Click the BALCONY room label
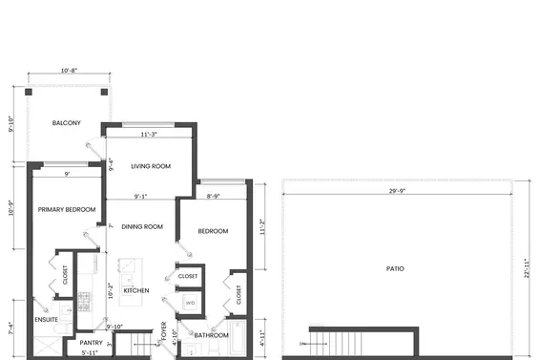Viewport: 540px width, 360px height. [66, 123]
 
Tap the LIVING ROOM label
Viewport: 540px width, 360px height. [151, 166]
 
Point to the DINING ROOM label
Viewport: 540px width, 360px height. [142, 226]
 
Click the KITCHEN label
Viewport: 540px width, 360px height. [136, 290]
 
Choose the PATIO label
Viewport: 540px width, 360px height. [394, 268]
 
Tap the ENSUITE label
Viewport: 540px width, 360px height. [46, 321]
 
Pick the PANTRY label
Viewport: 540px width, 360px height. [92, 342]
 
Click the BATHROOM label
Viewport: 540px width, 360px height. [210, 335]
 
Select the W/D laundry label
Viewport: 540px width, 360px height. [190, 304]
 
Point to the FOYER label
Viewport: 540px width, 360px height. [164, 331]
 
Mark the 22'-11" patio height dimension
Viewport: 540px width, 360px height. [526, 268]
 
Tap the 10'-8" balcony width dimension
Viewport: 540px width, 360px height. [69, 71]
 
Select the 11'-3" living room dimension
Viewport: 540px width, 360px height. [149, 135]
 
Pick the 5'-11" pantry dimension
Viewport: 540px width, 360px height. [91, 352]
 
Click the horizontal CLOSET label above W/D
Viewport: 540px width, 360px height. [188, 276]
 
